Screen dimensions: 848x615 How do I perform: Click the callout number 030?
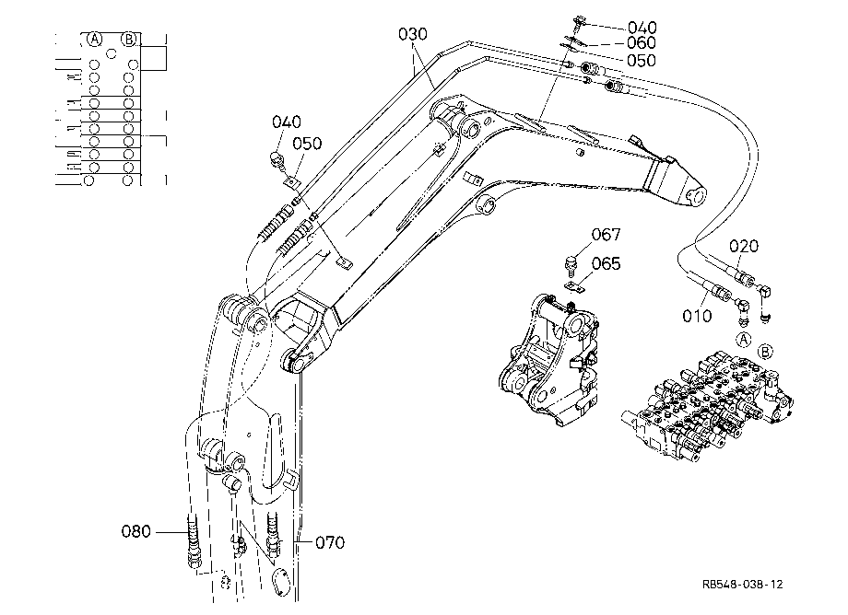[x=413, y=34]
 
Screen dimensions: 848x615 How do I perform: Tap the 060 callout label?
[x=642, y=42]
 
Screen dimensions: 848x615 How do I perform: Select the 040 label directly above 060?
[x=642, y=27]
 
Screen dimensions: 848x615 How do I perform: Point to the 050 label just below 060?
[x=642, y=60]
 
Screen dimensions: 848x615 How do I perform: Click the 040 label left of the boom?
[x=286, y=122]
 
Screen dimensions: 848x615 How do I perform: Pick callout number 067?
[x=606, y=235]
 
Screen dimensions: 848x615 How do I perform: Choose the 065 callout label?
[x=606, y=263]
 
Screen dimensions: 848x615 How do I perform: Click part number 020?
[x=744, y=246]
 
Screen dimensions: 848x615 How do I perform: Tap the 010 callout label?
[x=697, y=316]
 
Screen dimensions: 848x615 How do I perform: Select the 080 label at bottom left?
[x=135, y=531]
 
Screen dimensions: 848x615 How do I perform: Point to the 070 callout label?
[x=330, y=542]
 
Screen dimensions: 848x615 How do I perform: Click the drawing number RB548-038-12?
[x=743, y=585]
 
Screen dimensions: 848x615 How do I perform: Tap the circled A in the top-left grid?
[x=95, y=39]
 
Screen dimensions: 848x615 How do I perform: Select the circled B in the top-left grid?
[x=129, y=39]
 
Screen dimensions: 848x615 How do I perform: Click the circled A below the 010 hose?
[x=744, y=340]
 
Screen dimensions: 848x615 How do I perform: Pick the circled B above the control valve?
[x=765, y=352]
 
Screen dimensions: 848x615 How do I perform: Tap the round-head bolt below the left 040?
[x=277, y=160]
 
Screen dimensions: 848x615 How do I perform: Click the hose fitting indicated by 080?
[x=193, y=540]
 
